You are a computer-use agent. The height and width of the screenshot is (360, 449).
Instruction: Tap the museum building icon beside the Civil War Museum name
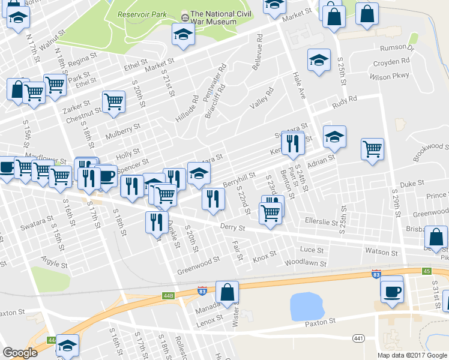[x=185, y=14]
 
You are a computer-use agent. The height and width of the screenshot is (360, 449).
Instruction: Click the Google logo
[x=20, y=353]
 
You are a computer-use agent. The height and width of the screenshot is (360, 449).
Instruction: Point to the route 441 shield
[x=359, y=338]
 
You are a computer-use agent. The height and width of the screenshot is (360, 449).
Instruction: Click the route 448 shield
[x=168, y=296]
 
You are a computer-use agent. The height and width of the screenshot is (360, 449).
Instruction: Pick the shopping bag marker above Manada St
[x=227, y=292]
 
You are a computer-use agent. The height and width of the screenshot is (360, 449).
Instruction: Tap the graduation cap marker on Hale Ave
[x=319, y=60]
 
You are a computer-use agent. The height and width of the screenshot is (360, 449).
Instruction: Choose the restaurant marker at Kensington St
[x=292, y=143]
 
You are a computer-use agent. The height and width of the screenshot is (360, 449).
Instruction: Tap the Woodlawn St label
[x=305, y=263]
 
